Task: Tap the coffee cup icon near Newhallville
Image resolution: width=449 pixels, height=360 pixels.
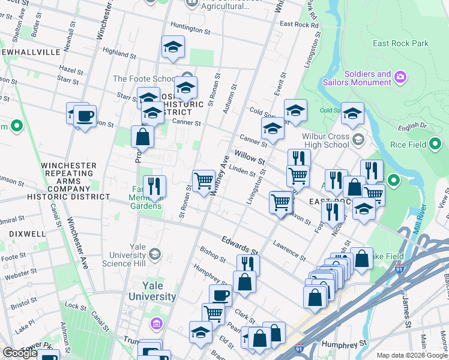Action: point(85,115)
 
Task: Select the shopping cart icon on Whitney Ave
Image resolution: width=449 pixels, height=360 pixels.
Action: point(203,179)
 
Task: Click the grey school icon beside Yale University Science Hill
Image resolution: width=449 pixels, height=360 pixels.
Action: point(154,254)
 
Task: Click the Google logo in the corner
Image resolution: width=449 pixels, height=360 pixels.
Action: point(20,353)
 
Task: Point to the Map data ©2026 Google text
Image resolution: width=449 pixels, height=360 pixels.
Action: point(412,355)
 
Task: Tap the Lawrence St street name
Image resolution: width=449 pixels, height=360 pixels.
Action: point(289,250)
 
